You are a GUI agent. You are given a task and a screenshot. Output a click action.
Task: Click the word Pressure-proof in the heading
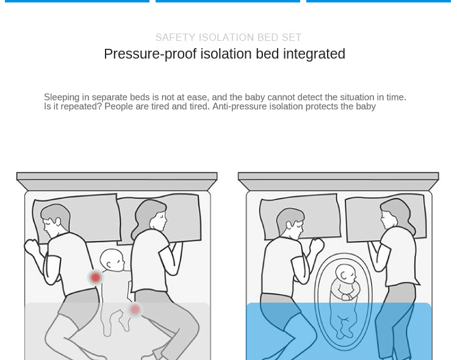(x=150, y=54)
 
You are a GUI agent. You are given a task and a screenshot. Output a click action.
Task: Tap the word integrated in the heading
(x=314, y=54)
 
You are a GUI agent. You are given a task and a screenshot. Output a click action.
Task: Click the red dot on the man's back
(x=95, y=278)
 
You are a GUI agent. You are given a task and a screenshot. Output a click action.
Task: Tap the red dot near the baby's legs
(x=135, y=309)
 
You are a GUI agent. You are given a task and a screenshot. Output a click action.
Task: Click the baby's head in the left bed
(x=112, y=261)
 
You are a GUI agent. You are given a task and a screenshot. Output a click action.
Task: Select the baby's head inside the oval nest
(x=346, y=274)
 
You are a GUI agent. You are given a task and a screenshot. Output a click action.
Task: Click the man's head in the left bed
(x=55, y=221)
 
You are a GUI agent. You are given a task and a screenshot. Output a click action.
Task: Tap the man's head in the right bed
(x=290, y=223)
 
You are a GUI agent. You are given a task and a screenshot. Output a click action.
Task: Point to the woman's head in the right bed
(x=394, y=215)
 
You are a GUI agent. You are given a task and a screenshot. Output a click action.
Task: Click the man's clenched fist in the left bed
(x=32, y=247)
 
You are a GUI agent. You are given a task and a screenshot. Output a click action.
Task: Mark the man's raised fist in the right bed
(x=317, y=245)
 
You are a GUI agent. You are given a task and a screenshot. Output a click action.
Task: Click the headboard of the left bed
(x=117, y=181)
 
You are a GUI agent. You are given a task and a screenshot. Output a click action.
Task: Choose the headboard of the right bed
(x=339, y=181)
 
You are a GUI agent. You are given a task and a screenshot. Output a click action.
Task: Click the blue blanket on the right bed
(x=339, y=331)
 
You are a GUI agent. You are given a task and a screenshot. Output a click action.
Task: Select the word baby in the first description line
(x=254, y=97)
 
